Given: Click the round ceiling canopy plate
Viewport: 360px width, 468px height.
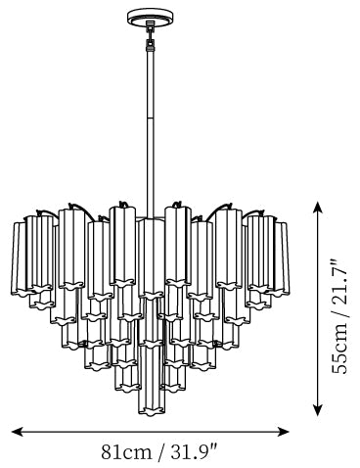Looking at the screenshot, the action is pos(150,17).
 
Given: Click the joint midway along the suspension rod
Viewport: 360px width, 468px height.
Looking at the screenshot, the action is pos(151,117).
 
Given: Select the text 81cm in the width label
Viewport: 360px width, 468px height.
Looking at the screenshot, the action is pos(126,452).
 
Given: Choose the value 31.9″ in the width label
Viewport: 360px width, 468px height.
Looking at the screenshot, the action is pos(194,452).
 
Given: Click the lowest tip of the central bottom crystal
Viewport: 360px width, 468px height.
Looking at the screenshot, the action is pos(151,415).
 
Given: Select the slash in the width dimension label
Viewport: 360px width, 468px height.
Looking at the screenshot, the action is pos(160,452).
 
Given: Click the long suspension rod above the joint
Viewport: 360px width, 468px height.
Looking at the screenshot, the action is pos(151,82).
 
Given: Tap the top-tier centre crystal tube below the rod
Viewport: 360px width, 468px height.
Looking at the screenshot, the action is pos(150,258).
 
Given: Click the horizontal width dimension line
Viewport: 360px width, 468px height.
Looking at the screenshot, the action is pos(151,432).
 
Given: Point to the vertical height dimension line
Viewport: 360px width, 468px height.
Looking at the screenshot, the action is pos(318,308).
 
